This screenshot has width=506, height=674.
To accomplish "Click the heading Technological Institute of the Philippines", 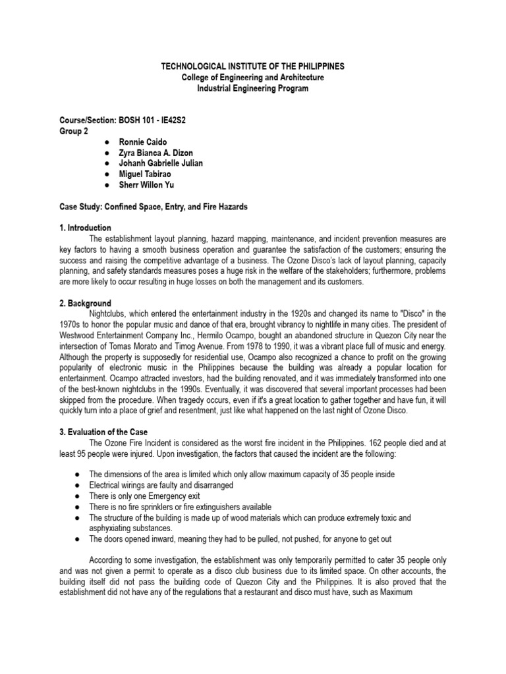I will click(253, 67).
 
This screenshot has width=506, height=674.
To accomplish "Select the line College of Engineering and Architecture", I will click(253, 78).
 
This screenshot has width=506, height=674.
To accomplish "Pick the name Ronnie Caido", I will click(143, 142).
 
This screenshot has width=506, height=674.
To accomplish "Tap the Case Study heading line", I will click(154, 207).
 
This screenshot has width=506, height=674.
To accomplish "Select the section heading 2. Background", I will click(86, 303).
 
